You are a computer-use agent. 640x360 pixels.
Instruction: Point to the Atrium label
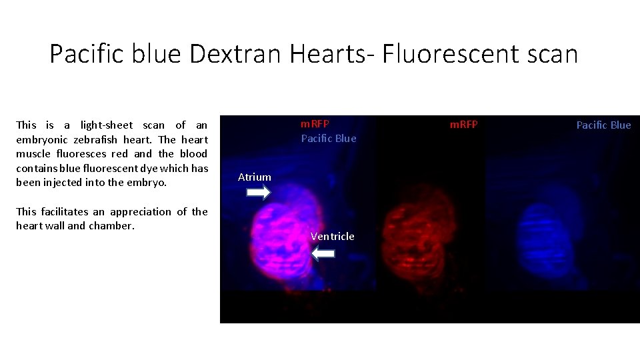click(255, 177)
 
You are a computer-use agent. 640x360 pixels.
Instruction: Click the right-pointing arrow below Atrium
click(258, 193)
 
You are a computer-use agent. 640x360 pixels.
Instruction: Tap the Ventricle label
click(333, 236)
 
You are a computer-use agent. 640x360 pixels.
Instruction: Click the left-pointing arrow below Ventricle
click(323, 253)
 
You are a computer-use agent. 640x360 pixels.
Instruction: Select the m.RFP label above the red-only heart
click(463, 125)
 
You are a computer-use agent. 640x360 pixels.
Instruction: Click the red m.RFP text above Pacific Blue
click(315, 124)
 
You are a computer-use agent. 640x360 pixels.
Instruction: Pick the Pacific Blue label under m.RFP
click(329, 138)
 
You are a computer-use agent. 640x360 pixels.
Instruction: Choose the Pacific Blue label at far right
click(603, 125)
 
